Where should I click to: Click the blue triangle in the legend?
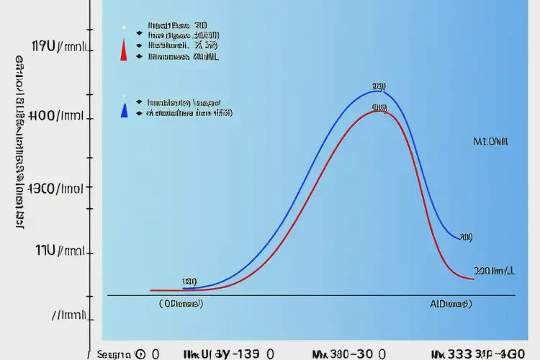pyautogui.click(x=125, y=110)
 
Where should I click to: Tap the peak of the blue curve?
pyautogui.click(x=379, y=91)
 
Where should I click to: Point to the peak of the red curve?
pyautogui.click(x=379, y=111)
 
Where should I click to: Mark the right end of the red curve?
pyautogui.click(x=472, y=278)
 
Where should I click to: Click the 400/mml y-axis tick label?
pyautogui.click(x=58, y=115)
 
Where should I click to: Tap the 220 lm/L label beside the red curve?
pyautogui.click(x=494, y=271)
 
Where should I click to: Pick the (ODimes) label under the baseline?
pyautogui.click(x=181, y=304)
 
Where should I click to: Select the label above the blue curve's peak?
pyautogui.click(x=379, y=86)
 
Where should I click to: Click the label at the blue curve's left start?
pyautogui.click(x=189, y=282)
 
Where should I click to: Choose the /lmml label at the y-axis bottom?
pyautogui.click(x=70, y=315)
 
